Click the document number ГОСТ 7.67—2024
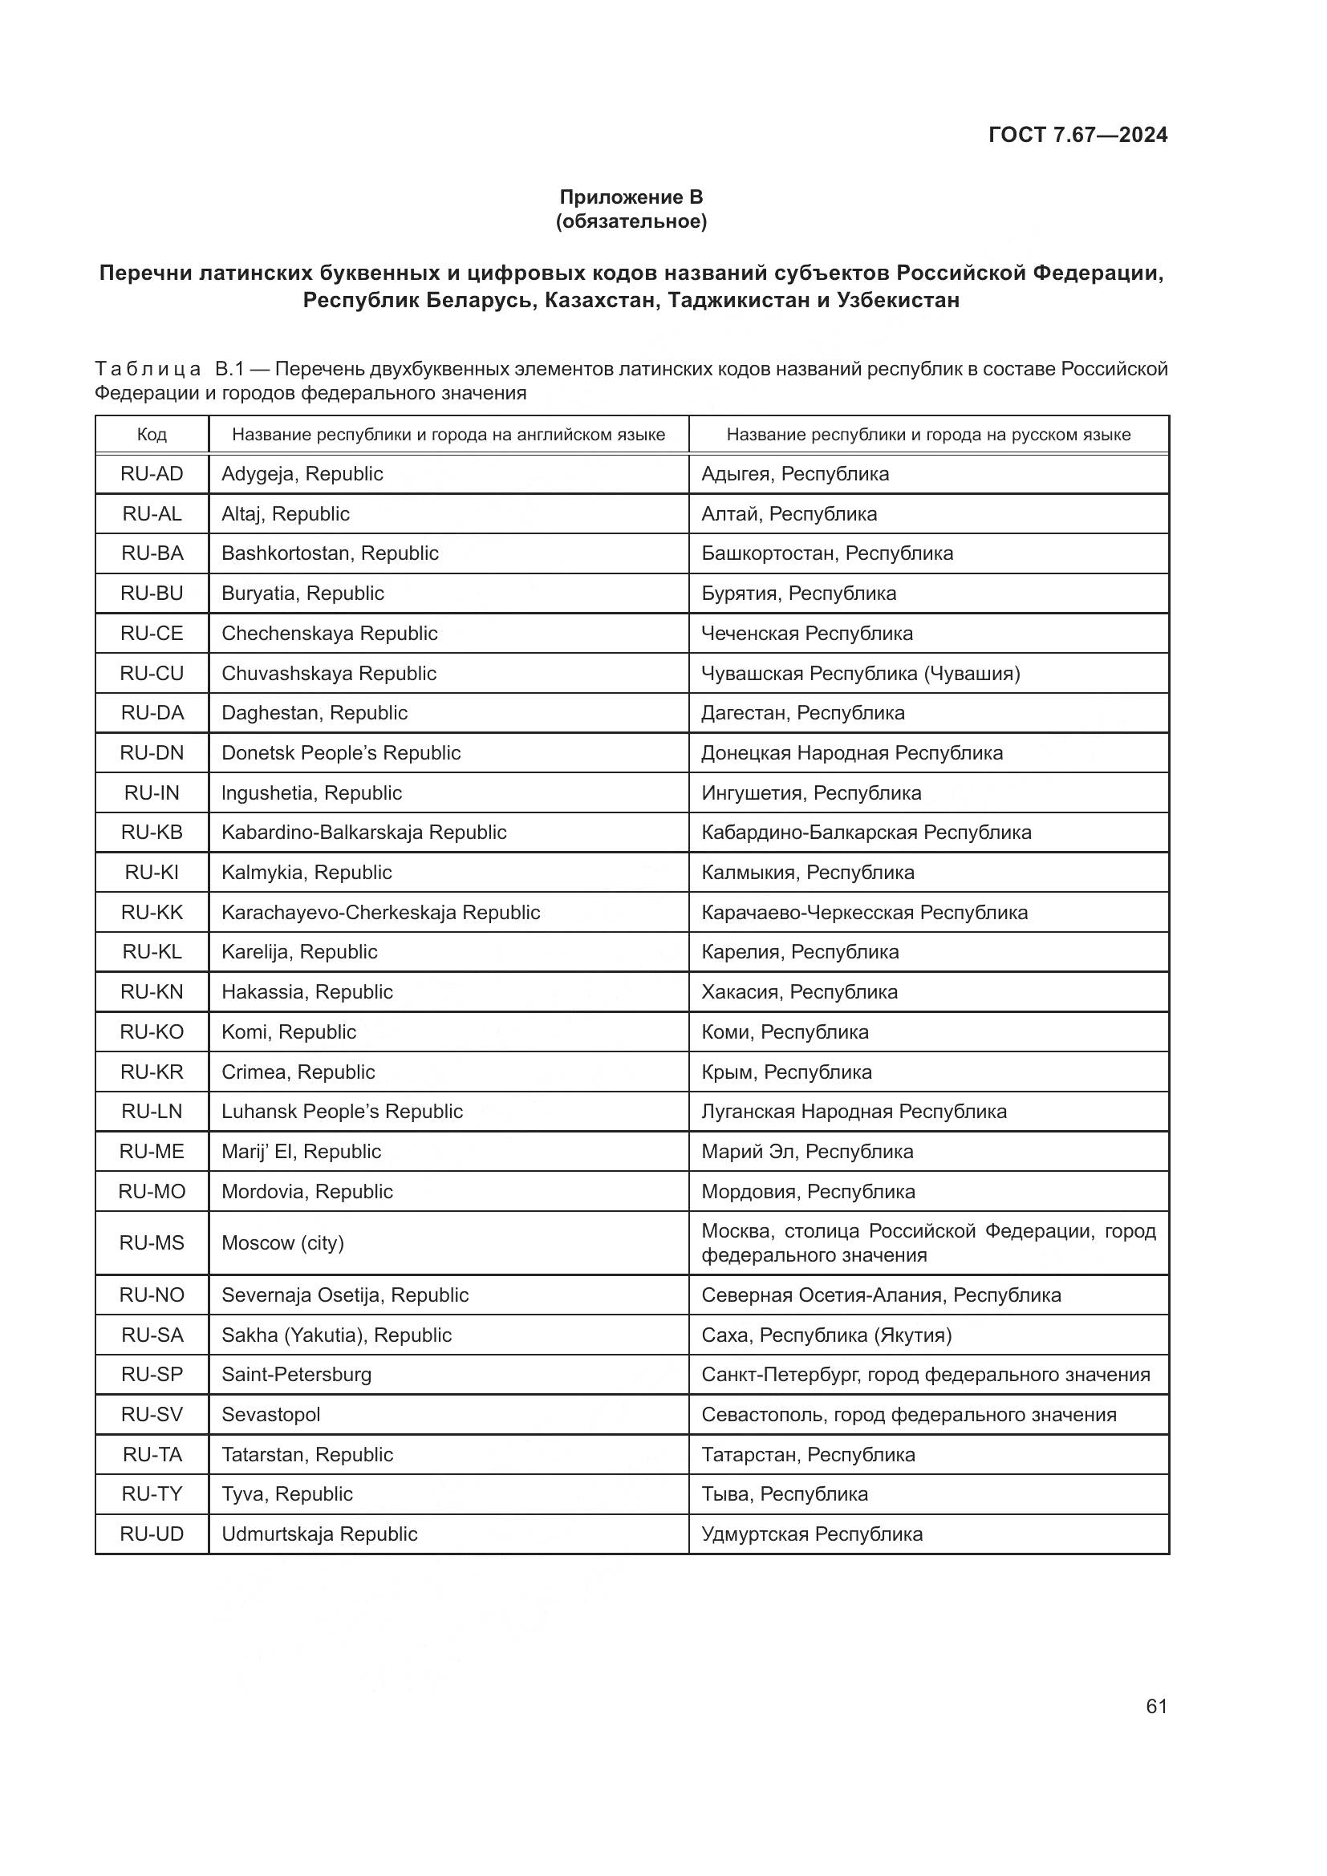tap(1077, 135)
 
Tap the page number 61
tap(1156, 1706)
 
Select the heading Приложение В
tap(631, 197)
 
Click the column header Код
tap(152, 435)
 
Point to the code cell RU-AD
tap(152, 474)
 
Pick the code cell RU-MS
tap(152, 1242)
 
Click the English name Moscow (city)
tap(282, 1242)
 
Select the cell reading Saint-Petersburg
tap(297, 1375)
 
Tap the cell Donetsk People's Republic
tap(341, 752)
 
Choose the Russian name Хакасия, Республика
tap(799, 992)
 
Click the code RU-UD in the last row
tap(152, 1534)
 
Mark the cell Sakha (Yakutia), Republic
tap(337, 1335)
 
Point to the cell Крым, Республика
tap(786, 1072)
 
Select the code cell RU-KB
tap(152, 833)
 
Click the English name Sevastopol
tap(270, 1414)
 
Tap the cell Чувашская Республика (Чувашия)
tap(860, 673)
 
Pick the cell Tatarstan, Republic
tap(307, 1454)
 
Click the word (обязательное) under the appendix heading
tap(631, 221)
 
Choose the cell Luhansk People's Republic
tap(343, 1111)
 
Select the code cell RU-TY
tap(152, 1493)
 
